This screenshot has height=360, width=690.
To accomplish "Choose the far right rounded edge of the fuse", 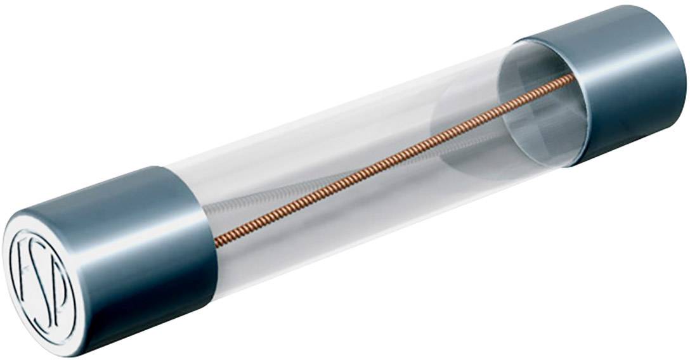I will pyautogui.click(x=684, y=70).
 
